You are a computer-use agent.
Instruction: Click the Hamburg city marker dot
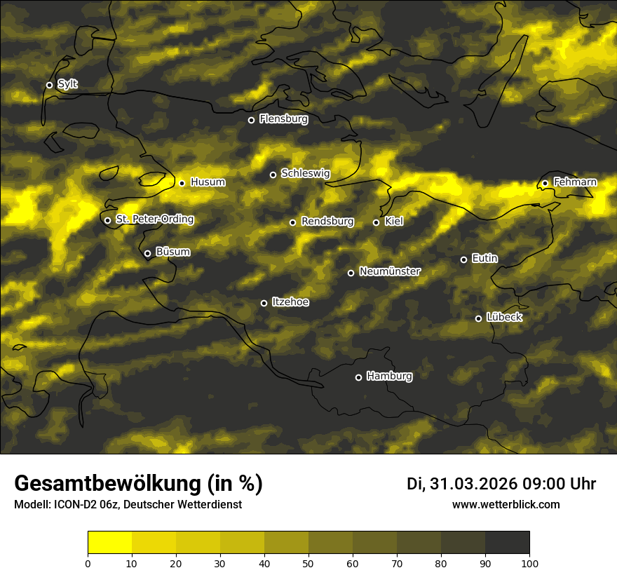click(358, 377)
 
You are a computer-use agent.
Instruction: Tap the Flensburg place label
click(283, 119)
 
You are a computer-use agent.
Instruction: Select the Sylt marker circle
click(49, 85)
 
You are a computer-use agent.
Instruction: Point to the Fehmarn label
click(575, 182)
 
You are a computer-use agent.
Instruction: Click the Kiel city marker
click(376, 222)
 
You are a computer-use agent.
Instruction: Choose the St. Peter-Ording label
click(154, 219)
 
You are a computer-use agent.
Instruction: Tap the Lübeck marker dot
click(478, 318)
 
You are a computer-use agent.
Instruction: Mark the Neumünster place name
click(390, 271)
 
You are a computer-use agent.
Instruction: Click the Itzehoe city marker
click(264, 303)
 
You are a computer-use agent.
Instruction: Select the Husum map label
click(208, 182)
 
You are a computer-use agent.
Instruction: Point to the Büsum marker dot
click(147, 254)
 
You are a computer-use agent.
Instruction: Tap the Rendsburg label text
click(327, 222)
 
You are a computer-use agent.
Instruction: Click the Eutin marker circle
click(463, 259)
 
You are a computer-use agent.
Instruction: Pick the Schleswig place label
click(305, 173)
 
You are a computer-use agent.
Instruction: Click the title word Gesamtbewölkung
click(105, 484)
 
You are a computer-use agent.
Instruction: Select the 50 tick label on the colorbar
click(308, 562)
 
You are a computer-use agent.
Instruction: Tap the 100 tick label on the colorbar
click(529, 562)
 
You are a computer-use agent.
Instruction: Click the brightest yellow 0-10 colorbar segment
click(109, 543)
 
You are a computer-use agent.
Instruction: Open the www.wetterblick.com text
click(506, 504)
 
